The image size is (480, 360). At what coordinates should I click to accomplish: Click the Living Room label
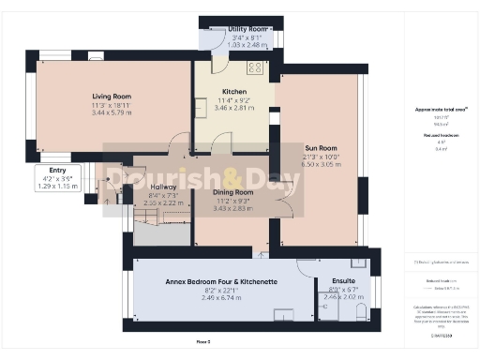point(111,97)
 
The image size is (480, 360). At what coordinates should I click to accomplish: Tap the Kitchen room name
point(234,92)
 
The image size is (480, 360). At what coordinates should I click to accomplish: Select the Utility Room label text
point(248,30)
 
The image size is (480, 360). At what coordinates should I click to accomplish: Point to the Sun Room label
point(320,147)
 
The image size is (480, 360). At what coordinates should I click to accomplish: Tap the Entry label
point(58,170)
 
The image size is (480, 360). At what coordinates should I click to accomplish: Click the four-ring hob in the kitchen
point(254,68)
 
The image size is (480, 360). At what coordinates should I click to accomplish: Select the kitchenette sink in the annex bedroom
point(283,314)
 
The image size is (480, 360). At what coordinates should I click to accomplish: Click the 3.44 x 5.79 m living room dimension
point(111,112)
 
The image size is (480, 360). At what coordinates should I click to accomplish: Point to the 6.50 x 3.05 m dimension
point(320,163)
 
